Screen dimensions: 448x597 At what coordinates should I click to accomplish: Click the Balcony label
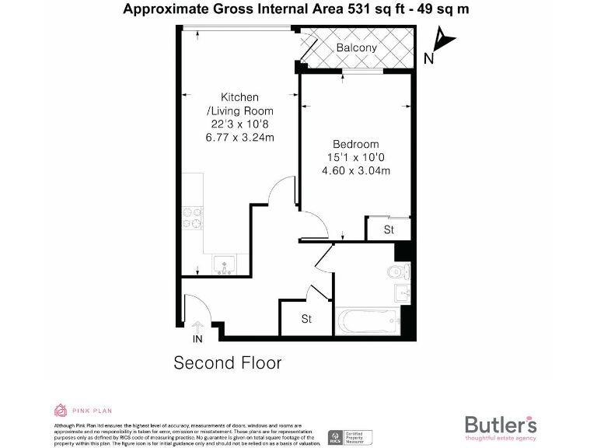pos(356,48)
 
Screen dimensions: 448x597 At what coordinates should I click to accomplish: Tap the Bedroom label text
pos(356,144)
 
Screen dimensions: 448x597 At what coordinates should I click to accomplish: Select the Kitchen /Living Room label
pos(239,104)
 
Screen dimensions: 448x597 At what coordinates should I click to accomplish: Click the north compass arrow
pos(442,40)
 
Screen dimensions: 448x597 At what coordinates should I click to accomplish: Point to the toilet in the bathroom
pos(399,271)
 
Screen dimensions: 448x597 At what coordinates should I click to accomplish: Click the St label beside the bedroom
pos(389,230)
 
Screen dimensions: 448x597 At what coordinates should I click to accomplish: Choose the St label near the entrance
pos(306,319)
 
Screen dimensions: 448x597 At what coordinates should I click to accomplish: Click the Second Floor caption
pos(227,362)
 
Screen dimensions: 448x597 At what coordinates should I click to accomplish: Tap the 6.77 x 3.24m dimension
pos(239,138)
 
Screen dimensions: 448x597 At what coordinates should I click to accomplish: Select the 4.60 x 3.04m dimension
pos(356,171)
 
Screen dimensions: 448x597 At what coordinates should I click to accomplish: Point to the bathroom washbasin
pos(402,292)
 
